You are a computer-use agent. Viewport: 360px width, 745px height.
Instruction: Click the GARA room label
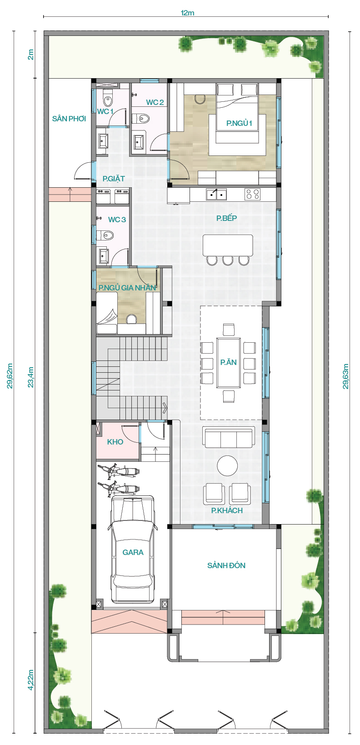pos(133,552)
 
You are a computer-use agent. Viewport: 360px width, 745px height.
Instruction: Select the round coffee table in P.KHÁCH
pos(228,465)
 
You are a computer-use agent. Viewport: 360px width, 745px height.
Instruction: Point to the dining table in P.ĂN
pos(229,363)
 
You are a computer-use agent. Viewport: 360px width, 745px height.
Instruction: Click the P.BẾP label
pos(226,218)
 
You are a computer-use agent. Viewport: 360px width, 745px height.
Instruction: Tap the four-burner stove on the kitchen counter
pos(253,194)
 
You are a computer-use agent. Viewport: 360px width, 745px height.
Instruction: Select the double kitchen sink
pos(216,194)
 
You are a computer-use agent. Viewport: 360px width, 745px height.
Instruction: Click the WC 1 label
pos(105,111)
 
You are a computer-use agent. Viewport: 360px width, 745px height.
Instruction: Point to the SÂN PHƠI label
pos(69,118)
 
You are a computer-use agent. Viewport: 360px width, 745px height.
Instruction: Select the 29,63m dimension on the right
pos(346,376)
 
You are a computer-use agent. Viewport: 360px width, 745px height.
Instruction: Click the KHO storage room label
pos(115,442)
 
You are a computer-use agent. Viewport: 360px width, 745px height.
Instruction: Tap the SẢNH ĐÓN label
pos(226,565)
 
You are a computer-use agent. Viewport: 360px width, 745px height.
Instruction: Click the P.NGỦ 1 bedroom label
pos(239,123)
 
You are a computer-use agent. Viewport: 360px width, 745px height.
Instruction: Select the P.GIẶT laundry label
pos(114,179)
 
